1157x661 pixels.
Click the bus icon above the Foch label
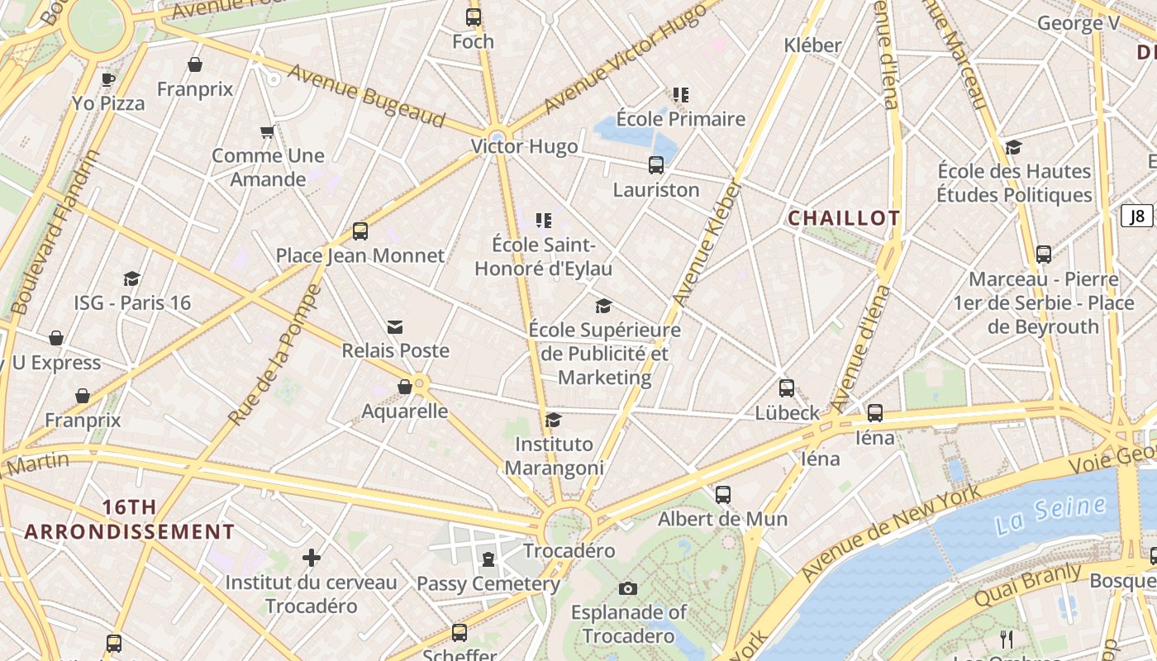pyautogui.click(x=474, y=17)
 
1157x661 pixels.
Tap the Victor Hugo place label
pyautogui.click(x=524, y=147)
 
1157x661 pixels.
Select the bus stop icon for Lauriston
pyautogui.click(x=656, y=165)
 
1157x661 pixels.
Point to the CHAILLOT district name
pyautogui.click(x=844, y=218)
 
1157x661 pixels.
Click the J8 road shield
pyautogui.click(x=1137, y=216)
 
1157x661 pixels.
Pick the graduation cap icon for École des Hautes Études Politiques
pyautogui.click(x=1013, y=147)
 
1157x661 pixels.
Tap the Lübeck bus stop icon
pyautogui.click(x=787, y=388)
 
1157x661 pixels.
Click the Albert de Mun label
pyautogui.click(x=722, y=519)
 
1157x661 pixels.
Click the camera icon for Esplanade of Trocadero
pyautogui.click(x=628, y=588)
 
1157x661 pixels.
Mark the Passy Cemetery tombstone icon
pyautogui.click(x=488, y=559)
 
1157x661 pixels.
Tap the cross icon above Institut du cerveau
pyautogui.click(x=312, y=558)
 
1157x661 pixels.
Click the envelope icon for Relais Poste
pyautogui.click(x=395, y=327)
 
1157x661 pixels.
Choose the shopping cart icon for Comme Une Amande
pyautogui.click(x=267, y=131)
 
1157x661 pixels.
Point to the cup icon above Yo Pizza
pyautogui.click(x=107, y=79)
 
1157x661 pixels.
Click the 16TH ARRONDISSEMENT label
pyautogui.click(x=129, y=520)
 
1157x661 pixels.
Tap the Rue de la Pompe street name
pyautogui.click(x=274, y=356)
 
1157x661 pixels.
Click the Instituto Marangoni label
pyautogui.click(x=554, y=456)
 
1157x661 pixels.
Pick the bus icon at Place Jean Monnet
pyautogui.click(x=360, y=231)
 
